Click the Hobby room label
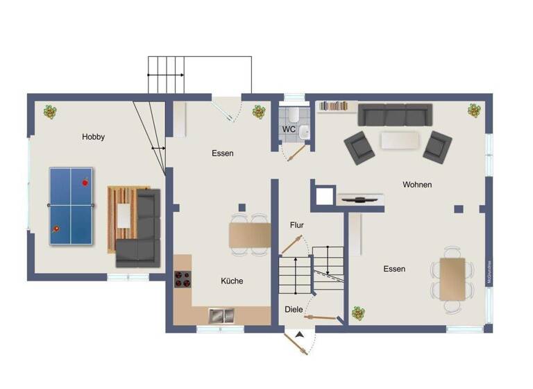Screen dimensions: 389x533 pyautogui.click(x=93, y=137)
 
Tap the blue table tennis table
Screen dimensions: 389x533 pyautogui.click(x=71, y=206)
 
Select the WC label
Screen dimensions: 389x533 pyautogui.click(x=289, y=129)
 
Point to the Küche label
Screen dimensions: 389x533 pyautogui.click(x=232, y=281)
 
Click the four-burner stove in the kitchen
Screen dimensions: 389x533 pyautogui.click(x=183, y=279)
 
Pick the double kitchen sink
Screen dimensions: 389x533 pyautogui.click(x=222, y=315)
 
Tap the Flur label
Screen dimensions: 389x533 pyautogui.click(x=297, y=225)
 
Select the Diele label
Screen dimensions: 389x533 pyautogui.click(x=294, y=309)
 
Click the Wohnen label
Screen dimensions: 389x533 pyautogui.click(x=417, y=185)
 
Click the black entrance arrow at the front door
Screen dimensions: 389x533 pyautogui.click(x=299, y=336)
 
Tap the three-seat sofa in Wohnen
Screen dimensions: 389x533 pyautogui.click(x=395, y=115)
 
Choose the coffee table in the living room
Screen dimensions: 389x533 pyautogui.click(x=401, y=140)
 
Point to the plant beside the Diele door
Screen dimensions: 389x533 pyautogui.click(x=358, y=313)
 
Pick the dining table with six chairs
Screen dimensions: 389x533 pyautogui.click(x=452, y=278)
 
